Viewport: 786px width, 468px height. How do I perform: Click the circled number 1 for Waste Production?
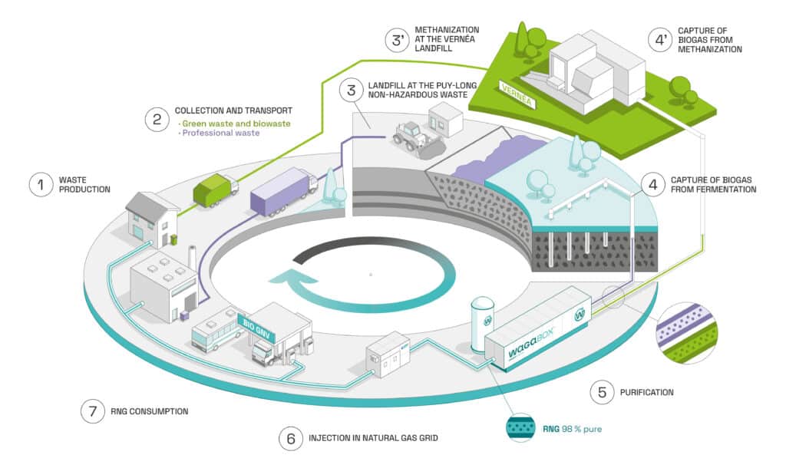click(x=40, y=184)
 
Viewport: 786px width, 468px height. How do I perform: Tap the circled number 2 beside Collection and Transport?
click(x=157, y=119)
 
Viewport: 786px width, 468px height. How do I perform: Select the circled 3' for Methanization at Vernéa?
click(x=398, y=40)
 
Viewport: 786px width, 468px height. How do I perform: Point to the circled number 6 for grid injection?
click(x=290, y=439)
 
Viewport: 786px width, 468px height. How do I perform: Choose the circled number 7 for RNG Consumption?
click(x=92, y=410)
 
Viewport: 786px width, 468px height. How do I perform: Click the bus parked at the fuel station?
click(x=217, y=331)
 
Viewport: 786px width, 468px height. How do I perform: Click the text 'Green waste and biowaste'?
click(x=234, y=124)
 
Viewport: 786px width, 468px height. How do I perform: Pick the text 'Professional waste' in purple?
click(x=219, y=133)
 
